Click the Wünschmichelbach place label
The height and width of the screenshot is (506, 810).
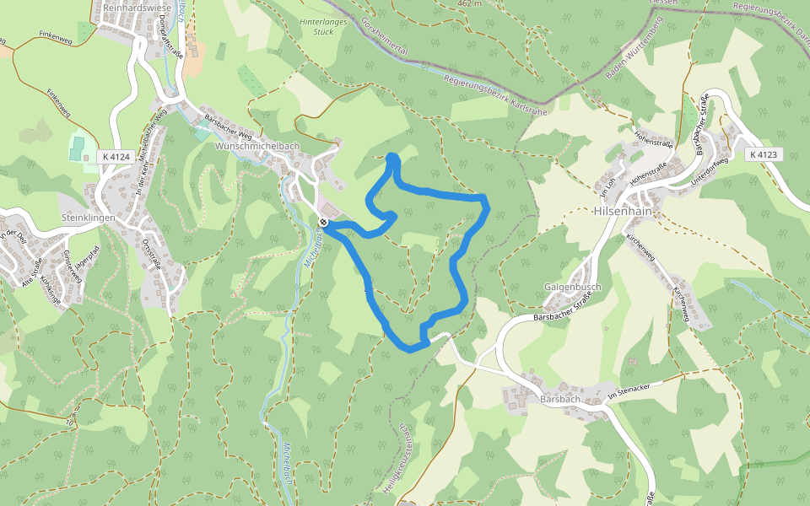pyautogui.click(x=258, y=146)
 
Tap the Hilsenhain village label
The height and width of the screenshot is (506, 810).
pyautogui.click(x=624, y=211)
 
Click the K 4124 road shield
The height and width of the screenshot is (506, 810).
pyautogui.click(x=115, y=156)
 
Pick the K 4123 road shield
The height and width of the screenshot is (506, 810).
pyautogui.click(x=762, y=154)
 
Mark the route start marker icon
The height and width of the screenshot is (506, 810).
pyautogui.click(x=323, y=222)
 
